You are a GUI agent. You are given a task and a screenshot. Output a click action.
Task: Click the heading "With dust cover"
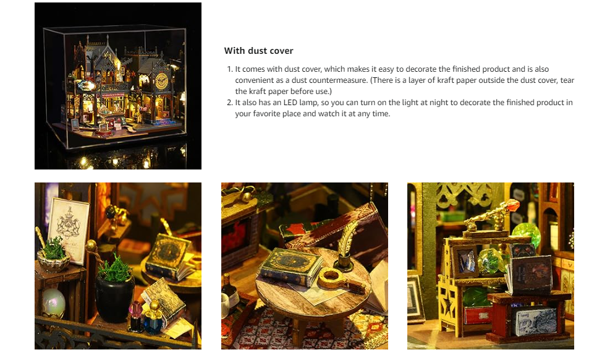click(x=258, y=51)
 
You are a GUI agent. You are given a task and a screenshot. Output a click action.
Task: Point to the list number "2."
click(x=230, y=103)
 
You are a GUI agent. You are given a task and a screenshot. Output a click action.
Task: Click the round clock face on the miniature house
click(x=162, y=80)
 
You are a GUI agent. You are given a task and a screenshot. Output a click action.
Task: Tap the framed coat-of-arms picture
click(x=69, y=229)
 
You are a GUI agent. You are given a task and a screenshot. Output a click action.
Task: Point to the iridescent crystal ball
click(x=54, y=303)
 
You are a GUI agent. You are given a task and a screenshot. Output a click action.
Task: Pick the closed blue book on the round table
click(x=292, y=268)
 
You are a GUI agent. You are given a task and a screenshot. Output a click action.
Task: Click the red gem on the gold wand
click(x=511, y=207)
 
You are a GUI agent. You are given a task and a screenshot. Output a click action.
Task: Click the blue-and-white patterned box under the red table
click(x=536, y=320)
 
